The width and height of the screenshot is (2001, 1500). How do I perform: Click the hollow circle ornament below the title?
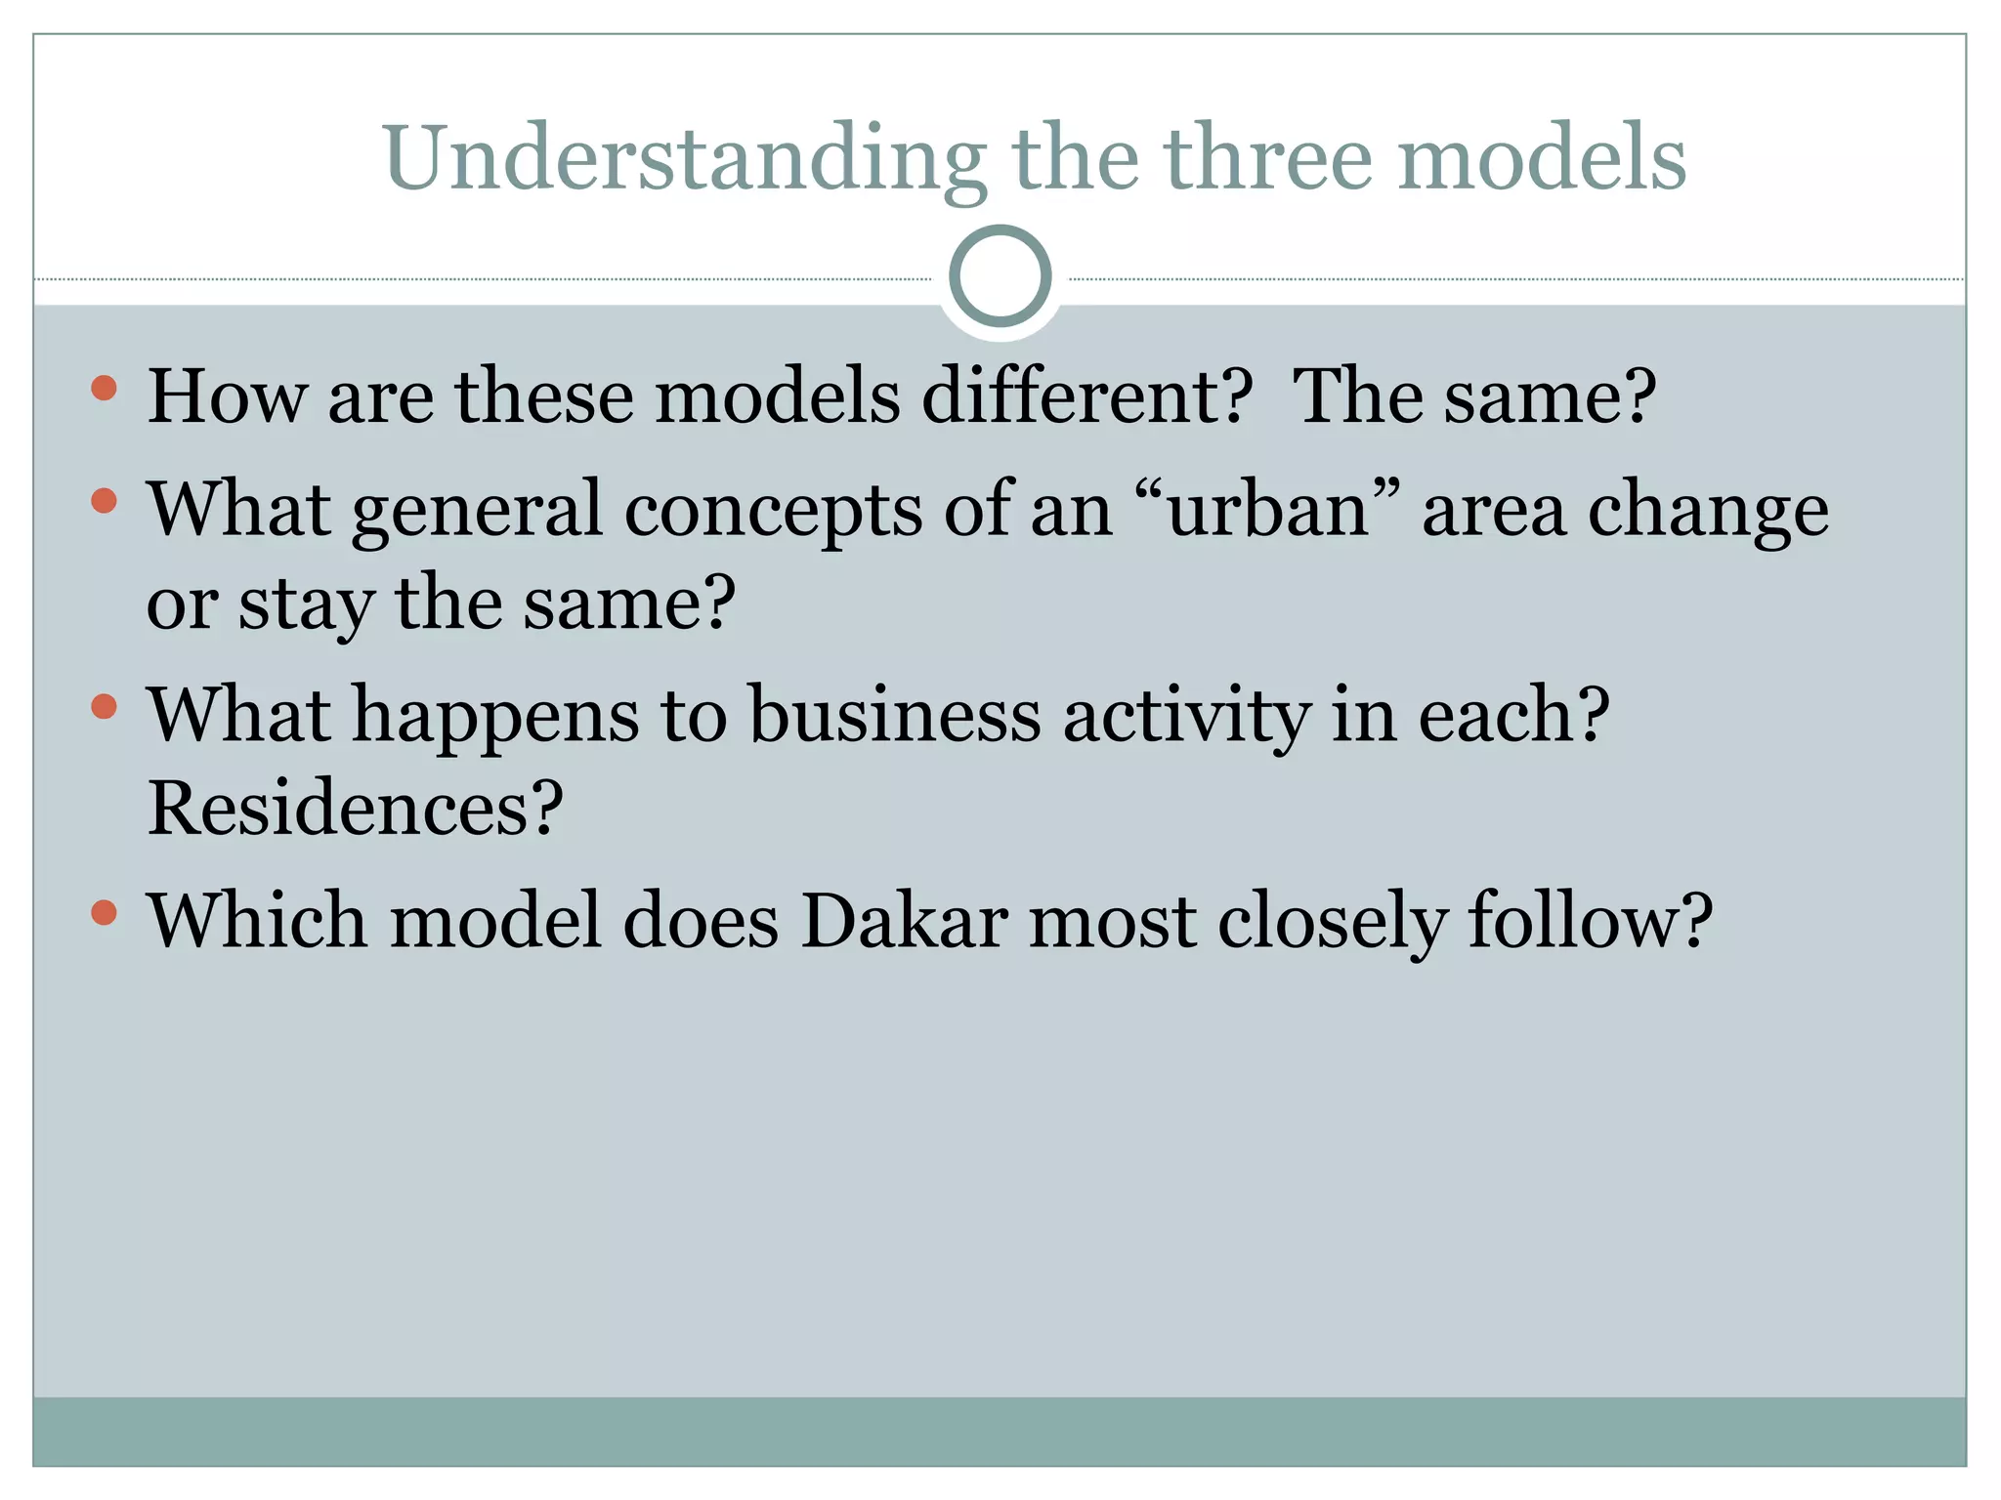(1000, 276)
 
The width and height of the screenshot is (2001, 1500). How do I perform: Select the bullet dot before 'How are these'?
(104, 389)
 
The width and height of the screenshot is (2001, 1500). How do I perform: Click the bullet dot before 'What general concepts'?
(104, 501)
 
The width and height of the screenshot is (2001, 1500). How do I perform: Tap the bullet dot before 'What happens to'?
(104, 706)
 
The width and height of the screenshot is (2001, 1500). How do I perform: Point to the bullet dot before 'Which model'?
(104, 913)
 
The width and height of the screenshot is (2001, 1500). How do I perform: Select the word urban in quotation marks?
(1267, 510)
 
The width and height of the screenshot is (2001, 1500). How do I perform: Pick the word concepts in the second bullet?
(773, 510)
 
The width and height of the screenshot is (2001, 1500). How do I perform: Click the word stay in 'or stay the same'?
(306, 604)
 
